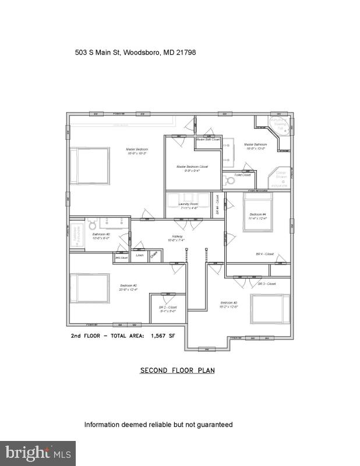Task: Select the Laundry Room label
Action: pyautogui.click(x=188, y=205)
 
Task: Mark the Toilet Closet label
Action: pyautogui.click(x=242, y=175)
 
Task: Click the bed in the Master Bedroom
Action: pyautogui.click(x=90, y=166)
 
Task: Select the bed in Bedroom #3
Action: pyautogui.click(x=270, y=309)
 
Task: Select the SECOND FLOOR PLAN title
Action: pyautogui.click(x=177, y=370)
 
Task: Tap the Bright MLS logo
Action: pyautogui.click(x=37, y=453)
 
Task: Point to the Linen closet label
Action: pyautogui.click(x=140, y=255)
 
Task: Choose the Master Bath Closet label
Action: pyautogui.click(x=208, y=140)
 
